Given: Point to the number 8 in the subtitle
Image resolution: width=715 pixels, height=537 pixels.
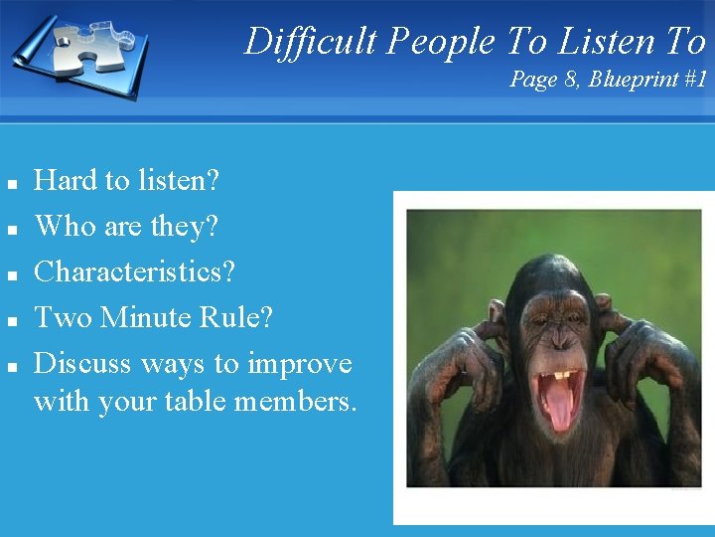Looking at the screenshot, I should pyautogui.click(x=571, y=80).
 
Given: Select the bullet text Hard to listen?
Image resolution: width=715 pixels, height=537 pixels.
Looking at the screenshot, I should pyautogui.click(x=127, y=180).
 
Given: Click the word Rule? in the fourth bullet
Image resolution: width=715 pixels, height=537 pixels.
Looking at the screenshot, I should pyautogui.click(x=237, y=317).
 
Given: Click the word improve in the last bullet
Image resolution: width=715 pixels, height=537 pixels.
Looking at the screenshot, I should pyautogui.click(x=299, y=364).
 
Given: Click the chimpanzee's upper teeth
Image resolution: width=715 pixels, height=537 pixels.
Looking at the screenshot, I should pyautogui.click(x=562, y=377).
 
